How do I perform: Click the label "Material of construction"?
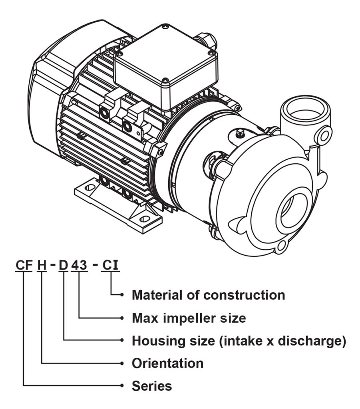click(208, 295)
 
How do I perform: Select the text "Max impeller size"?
click(189, 318)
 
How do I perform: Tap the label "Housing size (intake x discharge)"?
click(239, 341)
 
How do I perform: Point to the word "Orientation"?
click(167, 363)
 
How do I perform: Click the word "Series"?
click(152, 386)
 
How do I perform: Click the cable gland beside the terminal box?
click(208, 40)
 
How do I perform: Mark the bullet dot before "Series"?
click(121, 386)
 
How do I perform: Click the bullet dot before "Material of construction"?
click(121, 295)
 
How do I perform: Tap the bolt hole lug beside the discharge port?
click(324, 133)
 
